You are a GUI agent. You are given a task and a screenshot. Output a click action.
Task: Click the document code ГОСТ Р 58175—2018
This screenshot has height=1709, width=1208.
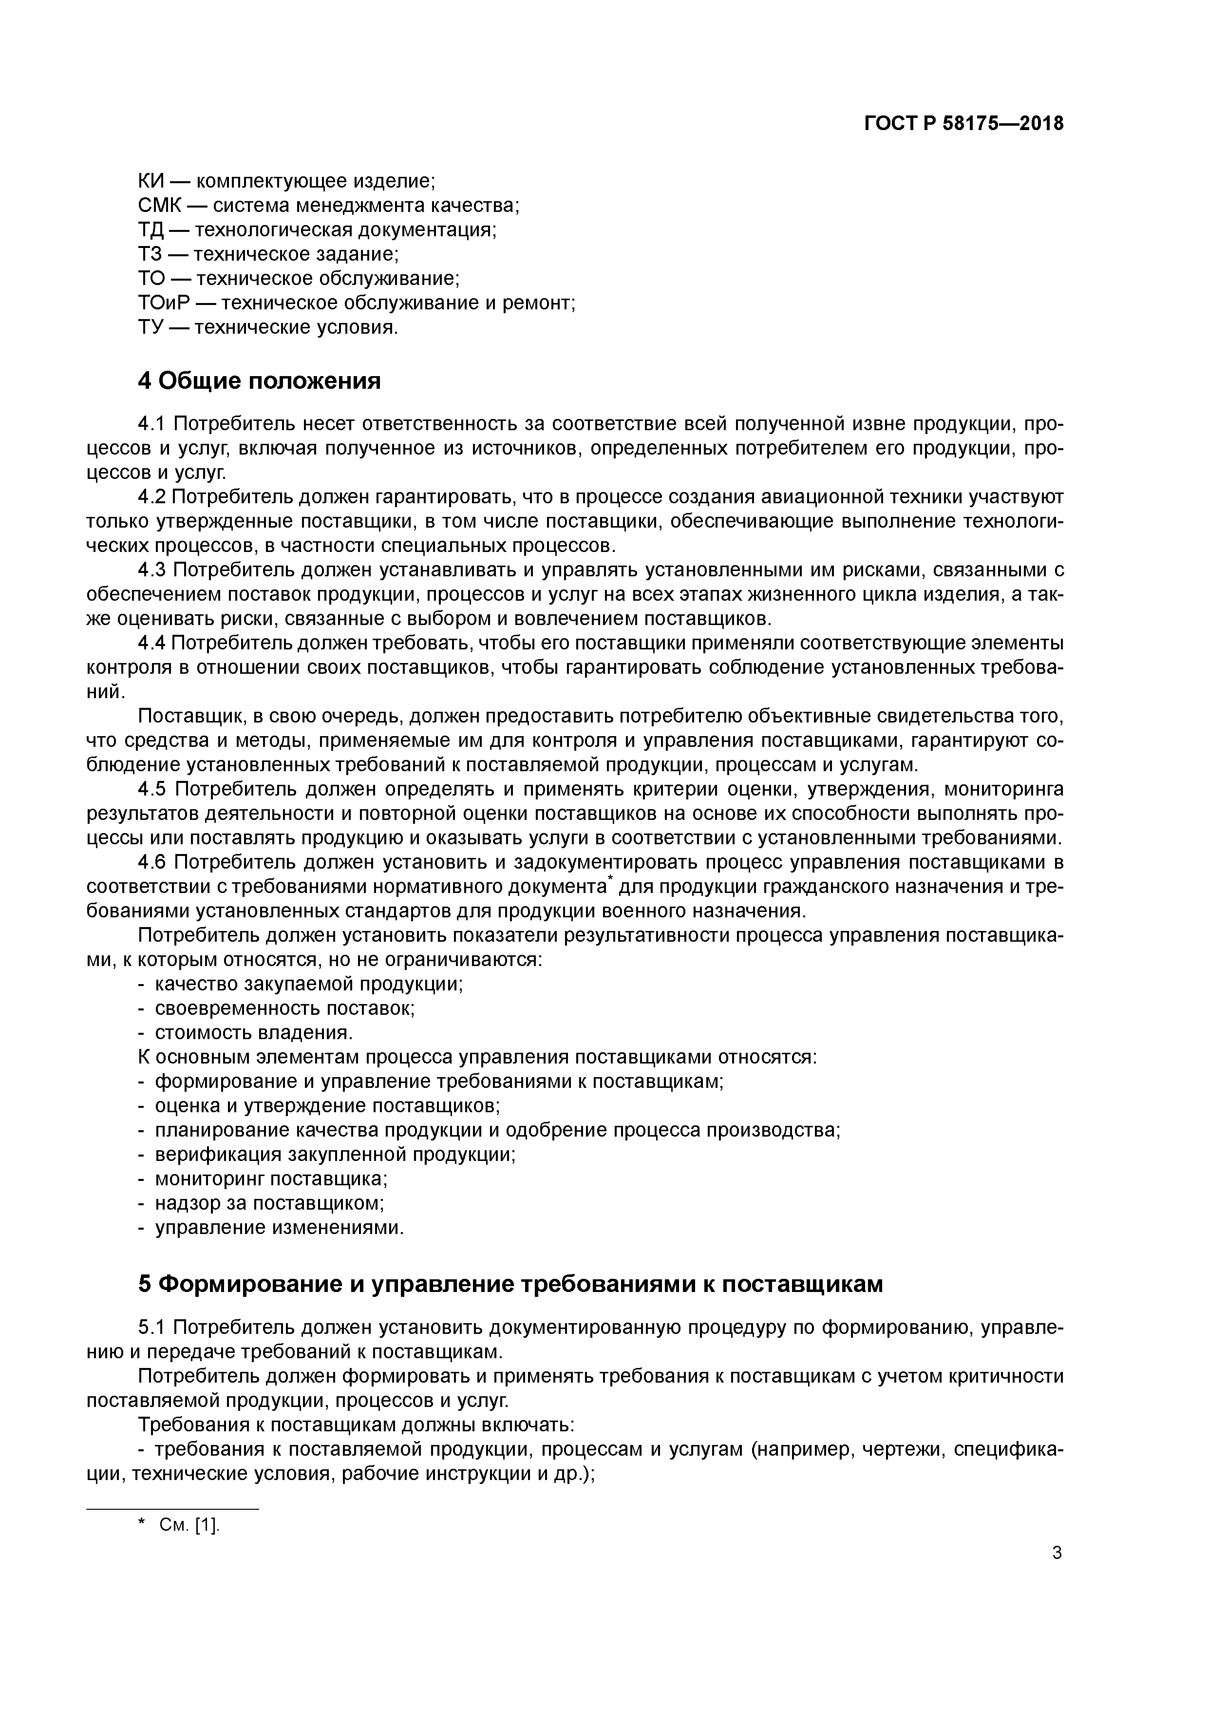(x=964, y=124)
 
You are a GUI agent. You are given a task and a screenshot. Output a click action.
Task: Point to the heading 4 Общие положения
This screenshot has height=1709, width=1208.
(x=259, y=381)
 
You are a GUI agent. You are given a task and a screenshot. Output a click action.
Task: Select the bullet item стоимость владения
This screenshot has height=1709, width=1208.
(x=253, y=1032)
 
